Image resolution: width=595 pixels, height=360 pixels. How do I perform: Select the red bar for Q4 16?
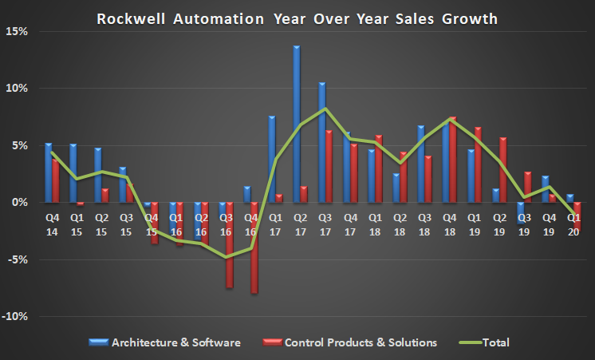tap(254, 247)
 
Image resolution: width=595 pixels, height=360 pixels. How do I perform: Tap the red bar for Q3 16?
tap(230, 244)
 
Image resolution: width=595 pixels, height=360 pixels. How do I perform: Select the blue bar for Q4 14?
tap(48, 172)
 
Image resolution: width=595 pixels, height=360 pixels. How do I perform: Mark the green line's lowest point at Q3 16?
tap(227, 257)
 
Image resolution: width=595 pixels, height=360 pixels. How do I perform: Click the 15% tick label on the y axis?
tap(17, 31)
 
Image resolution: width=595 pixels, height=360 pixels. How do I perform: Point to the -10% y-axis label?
tap(15, 316)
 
